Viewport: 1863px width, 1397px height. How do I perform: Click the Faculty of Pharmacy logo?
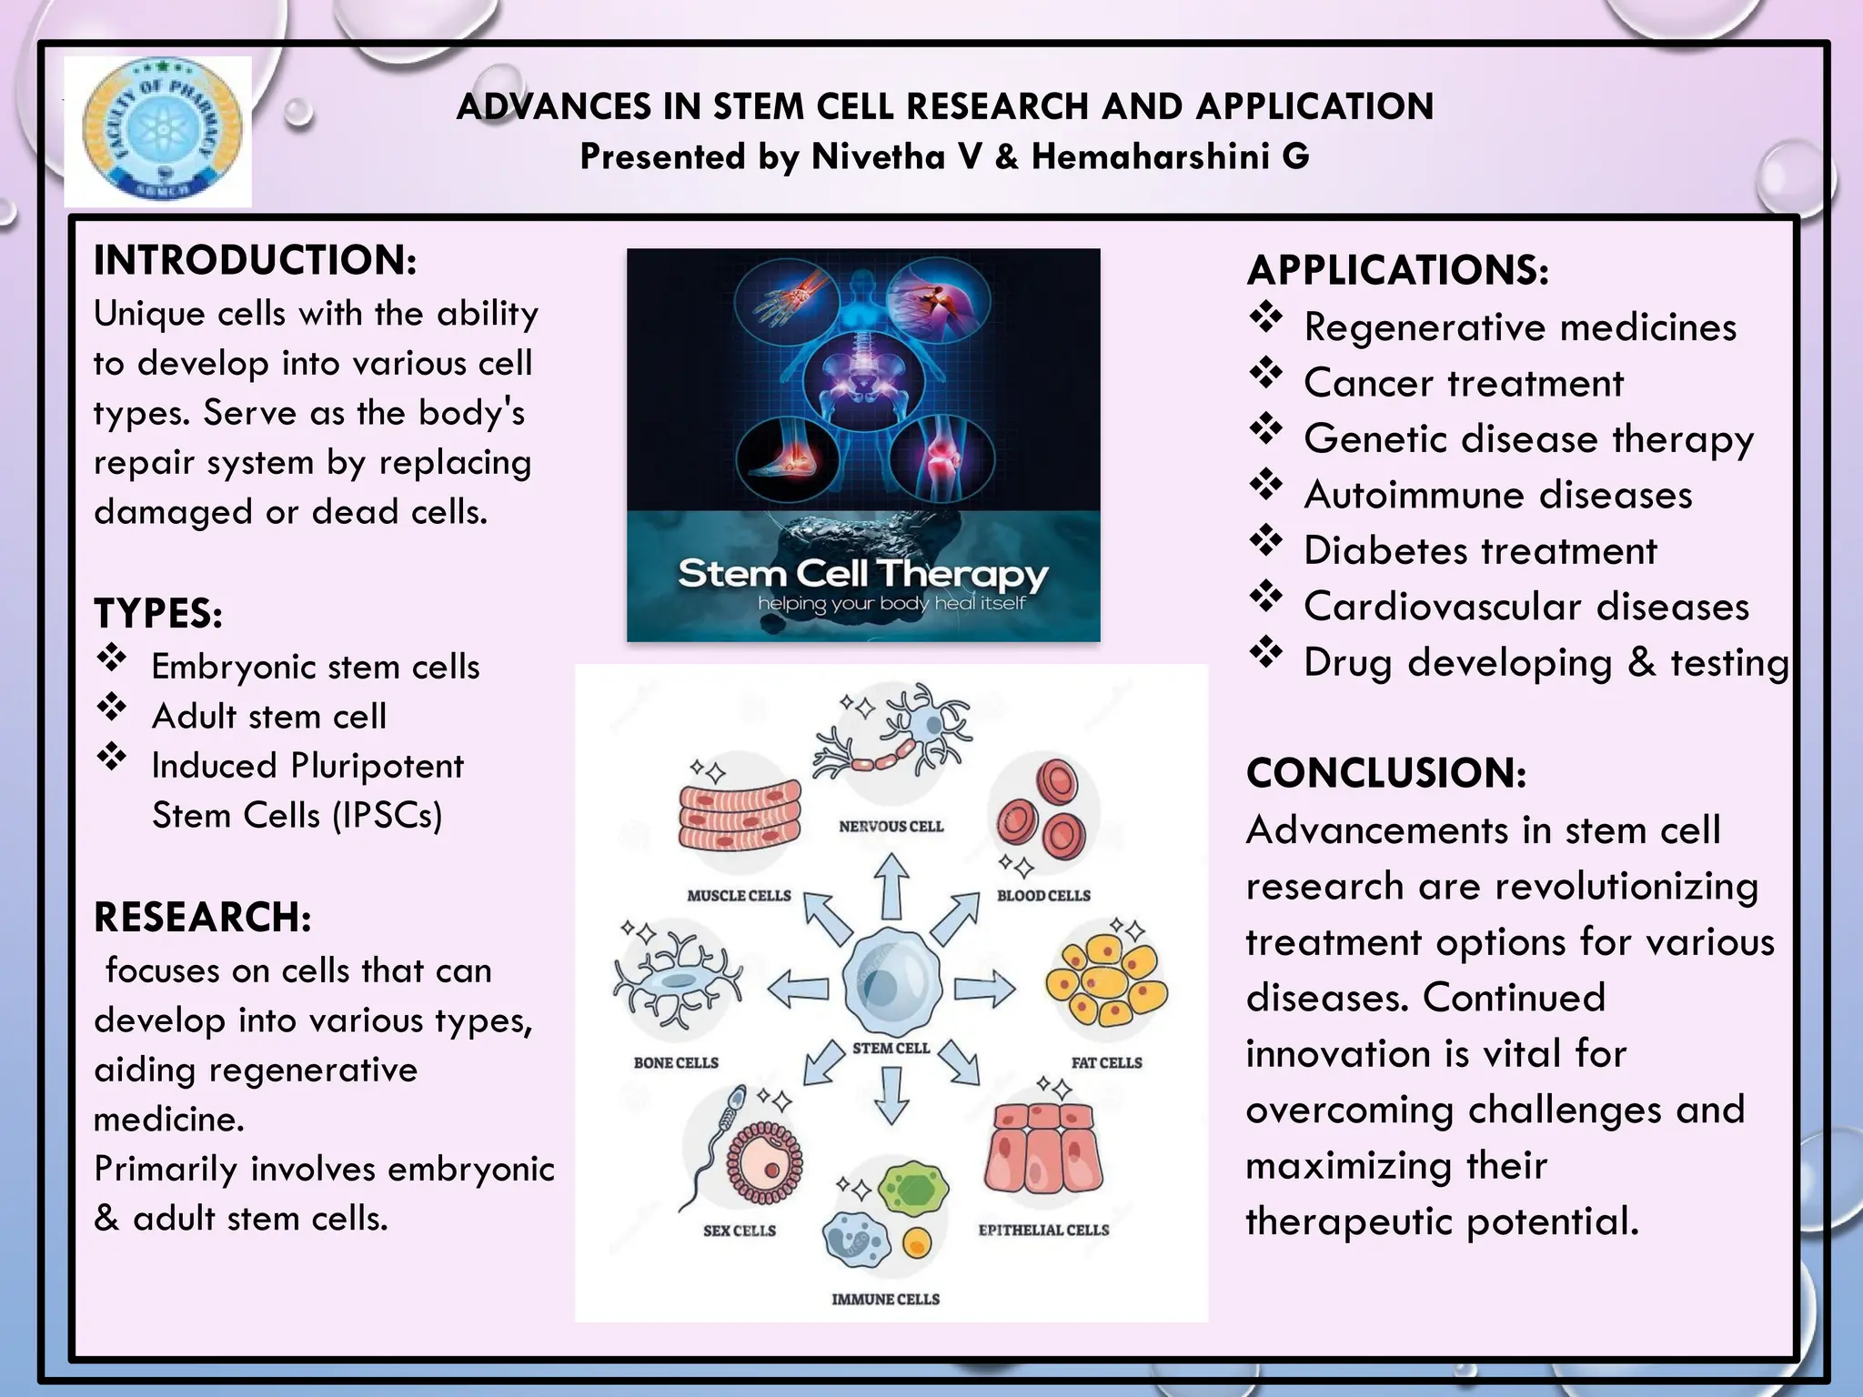pos(158,130)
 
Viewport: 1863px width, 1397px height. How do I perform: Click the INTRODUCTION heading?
pos(255,260)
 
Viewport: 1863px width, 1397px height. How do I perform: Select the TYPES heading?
pos(158,613)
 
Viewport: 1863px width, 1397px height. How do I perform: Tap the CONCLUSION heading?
pos(1385,773)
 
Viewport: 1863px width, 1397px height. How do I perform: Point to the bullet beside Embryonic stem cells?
pos(112,658)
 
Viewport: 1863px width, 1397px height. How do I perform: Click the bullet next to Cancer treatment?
pos(1265,373)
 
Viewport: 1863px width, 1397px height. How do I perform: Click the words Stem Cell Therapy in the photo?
pos(862,574)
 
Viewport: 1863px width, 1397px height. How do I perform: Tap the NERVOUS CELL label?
pos(891,827)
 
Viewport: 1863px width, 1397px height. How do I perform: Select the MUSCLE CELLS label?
pos(739,896)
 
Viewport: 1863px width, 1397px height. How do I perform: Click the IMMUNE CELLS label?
pos(885,1300)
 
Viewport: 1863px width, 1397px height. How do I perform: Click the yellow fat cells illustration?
pos(1105,982)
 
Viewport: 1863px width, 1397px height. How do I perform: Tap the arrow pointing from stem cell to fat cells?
pos(984,989)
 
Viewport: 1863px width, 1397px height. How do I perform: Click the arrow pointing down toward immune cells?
pos(891,1095)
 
